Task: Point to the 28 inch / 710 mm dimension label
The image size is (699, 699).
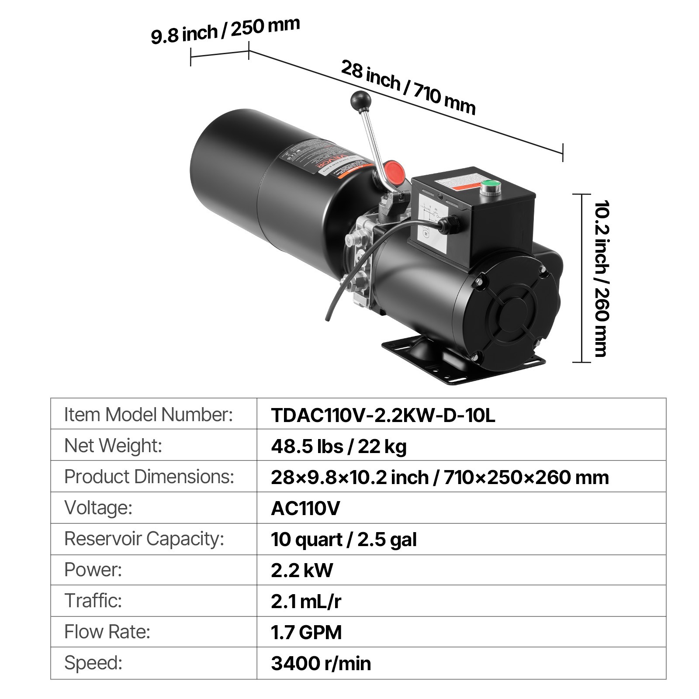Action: pos(408,87)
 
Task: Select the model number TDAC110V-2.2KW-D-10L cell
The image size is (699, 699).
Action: pos(383,415)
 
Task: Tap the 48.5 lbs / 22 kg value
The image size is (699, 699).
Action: pos(339,446)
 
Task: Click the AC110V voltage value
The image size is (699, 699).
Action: pos(305,508)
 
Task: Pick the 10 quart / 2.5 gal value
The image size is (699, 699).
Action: pos(343,539)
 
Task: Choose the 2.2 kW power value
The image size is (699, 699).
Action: pos(301,570)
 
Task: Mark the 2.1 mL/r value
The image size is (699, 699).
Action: pos(306,601)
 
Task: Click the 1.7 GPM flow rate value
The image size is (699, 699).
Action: pos(306,632)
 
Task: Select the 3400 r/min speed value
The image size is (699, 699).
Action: pos(321,663)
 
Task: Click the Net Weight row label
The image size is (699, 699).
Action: pos(113,446)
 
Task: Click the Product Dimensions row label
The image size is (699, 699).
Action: pos(149,477)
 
